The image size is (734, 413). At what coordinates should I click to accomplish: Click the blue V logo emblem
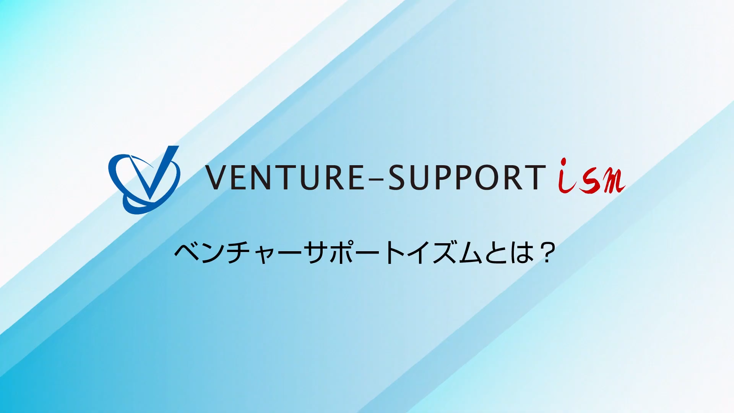144,180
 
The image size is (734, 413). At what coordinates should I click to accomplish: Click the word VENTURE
285,177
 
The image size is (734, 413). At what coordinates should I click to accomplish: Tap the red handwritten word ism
591,177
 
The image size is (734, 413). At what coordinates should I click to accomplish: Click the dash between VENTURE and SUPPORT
376,178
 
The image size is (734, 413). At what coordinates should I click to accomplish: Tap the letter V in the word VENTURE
217,177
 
